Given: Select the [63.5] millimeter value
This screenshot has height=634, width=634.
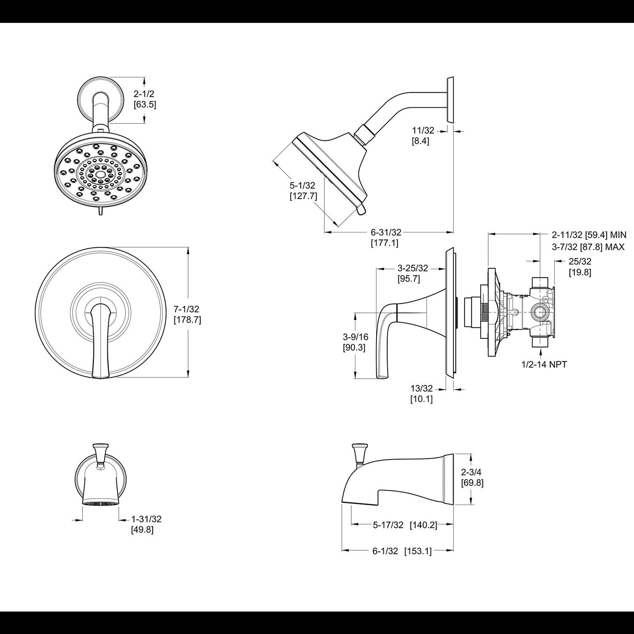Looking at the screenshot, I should click(x=145, y=104).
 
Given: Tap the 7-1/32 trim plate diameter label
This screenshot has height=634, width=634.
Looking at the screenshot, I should click(x=186, y=309).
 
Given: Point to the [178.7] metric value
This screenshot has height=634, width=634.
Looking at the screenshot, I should click(x=187, y=320).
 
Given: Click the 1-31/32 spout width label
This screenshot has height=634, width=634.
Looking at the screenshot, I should click(x=146, y=519).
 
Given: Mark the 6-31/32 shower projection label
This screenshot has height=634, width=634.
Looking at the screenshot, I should click(x=386, y=232).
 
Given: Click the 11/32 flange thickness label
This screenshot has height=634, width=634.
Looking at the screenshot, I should click(x=423, y=131).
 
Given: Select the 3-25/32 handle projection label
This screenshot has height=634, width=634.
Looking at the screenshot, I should click(x=413, y=268).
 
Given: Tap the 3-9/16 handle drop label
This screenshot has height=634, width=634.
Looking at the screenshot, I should click(x=355, y=337).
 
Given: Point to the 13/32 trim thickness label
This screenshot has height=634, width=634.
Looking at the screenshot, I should click(x=421, y=388).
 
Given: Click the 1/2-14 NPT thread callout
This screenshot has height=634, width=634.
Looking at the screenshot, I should click(x=544, y=364).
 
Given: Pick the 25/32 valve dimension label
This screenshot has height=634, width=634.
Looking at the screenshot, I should click(x=579, y=262).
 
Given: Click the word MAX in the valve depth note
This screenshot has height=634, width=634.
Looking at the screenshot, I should click(x=615, y=246).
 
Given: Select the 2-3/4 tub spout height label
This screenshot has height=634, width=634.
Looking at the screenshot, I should click(x=472, y=472).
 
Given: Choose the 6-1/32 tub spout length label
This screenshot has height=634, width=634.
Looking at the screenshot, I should click(x=385, y=551).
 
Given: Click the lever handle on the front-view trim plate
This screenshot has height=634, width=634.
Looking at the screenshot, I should click(x=100, y=338).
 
